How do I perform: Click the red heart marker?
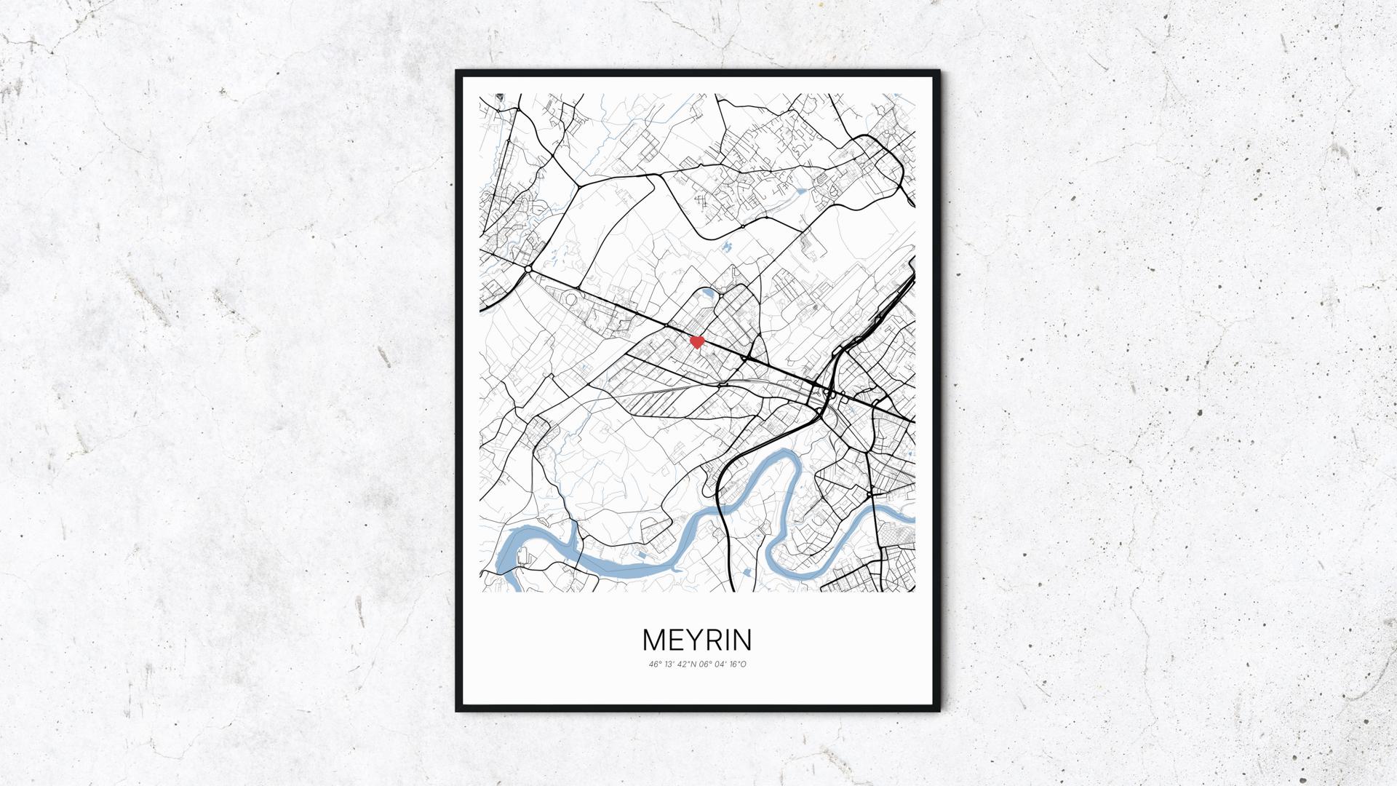click(696, 341)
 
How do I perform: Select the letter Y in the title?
click(697, 640)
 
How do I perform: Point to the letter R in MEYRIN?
click(717, 640)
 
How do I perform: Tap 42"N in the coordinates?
click(687, 664)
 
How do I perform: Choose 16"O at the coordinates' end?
click(739, 664)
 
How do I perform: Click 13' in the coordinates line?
click(669, 664)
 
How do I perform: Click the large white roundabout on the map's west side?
click(527, 270)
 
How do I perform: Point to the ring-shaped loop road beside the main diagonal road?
click(571, 298)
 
